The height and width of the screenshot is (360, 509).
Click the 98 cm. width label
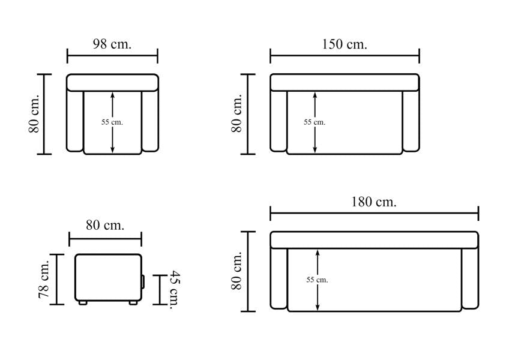[112, 44]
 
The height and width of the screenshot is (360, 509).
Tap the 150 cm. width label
[345, 44]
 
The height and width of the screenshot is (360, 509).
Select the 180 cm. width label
[373, 202]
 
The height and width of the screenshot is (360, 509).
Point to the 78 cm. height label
[44, 279]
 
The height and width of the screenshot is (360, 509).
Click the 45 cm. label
[175, 290]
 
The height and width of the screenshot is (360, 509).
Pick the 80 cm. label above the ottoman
[105, 225]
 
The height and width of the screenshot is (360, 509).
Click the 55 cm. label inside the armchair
[112, 122]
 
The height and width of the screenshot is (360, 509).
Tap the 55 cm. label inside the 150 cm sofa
[315, 122]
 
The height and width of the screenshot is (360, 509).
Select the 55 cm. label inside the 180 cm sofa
[317, 280]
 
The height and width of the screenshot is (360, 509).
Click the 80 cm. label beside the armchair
[34, 113]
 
